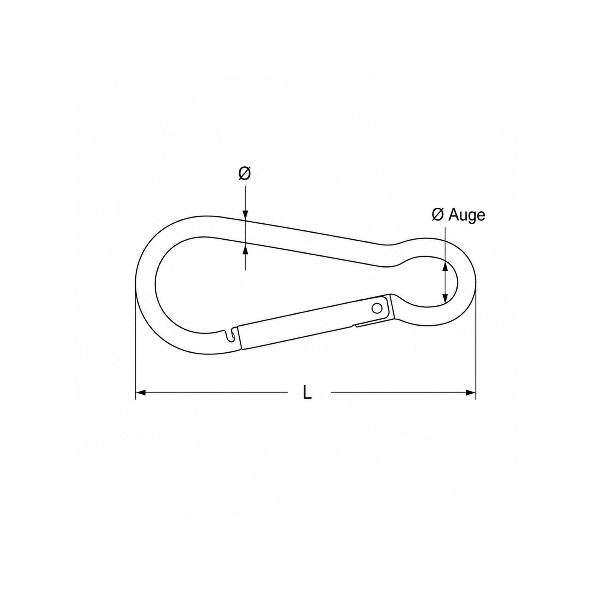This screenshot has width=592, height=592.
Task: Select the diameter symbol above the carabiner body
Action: coord(245,174)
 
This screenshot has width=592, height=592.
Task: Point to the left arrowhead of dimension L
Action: coord(141,392)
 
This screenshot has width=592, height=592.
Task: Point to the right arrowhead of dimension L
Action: coord(471,392)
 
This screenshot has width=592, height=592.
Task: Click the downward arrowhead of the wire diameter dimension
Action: coord(245,215)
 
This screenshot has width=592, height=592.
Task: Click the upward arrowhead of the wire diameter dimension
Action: coord(245,250)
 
